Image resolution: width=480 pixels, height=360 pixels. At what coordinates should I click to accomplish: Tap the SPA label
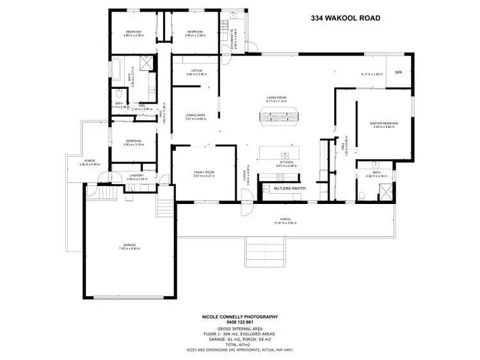click(x=397, y=72)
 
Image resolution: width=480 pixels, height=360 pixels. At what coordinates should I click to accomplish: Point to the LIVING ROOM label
click(x=276, y=98)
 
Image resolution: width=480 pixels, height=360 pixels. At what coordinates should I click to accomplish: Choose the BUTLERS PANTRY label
click(x=289, y=189)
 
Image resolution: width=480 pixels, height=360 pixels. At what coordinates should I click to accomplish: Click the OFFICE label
click(x=196, y=70)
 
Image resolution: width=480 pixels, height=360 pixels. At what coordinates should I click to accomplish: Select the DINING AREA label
click(x=196, y=115)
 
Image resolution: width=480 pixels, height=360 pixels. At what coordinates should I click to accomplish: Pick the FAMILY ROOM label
click(x=204, y=173)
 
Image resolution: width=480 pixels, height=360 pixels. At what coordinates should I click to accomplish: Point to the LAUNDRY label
click(x=136, y=175)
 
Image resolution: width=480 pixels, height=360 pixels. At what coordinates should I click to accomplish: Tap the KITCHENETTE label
click(x=236, y=39)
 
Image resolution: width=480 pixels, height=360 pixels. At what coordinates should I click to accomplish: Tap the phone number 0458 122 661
click(x=240, y=322)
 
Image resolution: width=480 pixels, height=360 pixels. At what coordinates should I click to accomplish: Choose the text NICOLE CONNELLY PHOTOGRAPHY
click(x=240, y=317)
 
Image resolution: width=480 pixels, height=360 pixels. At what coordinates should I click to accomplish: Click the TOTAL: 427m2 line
click(x=240, y=343)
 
